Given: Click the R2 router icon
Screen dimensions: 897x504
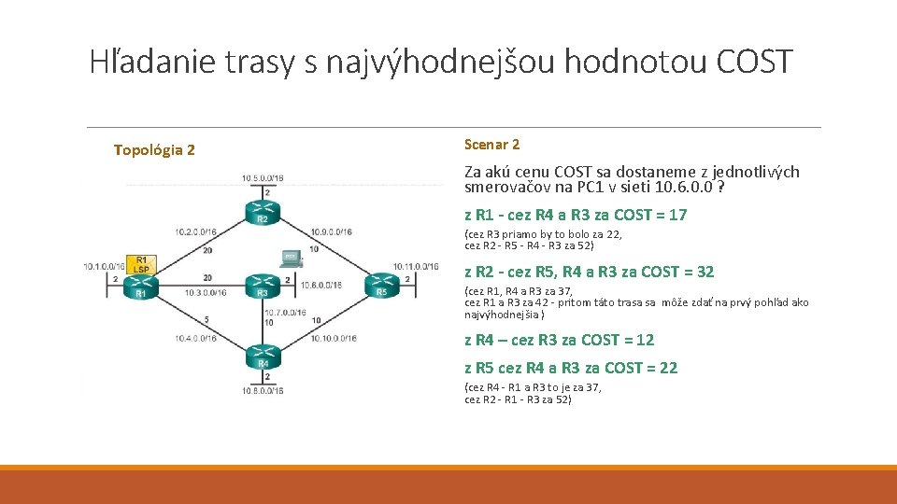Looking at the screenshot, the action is point(263,211).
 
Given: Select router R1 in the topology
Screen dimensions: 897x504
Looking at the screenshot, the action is point(141,287).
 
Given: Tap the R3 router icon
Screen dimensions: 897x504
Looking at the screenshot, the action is point(263,287).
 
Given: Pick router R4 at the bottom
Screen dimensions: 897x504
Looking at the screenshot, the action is point(263,357).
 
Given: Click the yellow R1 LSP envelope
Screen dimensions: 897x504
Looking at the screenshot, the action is point(142,264).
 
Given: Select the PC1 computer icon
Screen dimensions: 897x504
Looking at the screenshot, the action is point(291,256).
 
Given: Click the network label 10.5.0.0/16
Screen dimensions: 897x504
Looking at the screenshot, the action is point(263,177).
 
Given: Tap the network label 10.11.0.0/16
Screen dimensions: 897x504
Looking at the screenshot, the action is point(416,266).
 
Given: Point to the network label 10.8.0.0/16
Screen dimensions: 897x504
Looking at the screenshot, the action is point(262,391).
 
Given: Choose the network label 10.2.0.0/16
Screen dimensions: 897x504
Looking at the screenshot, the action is point(194,231).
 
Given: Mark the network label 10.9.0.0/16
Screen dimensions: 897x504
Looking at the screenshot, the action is point(331,231).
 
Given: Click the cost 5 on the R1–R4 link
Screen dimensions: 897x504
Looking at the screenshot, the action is point(206,319).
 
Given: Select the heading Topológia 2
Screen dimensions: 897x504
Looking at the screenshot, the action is point(154,149).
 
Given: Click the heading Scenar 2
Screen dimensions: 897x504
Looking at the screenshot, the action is point(491,145).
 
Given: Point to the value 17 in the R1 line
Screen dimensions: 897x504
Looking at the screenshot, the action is point(677,215).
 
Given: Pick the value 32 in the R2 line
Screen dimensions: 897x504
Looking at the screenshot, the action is point(705,272).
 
